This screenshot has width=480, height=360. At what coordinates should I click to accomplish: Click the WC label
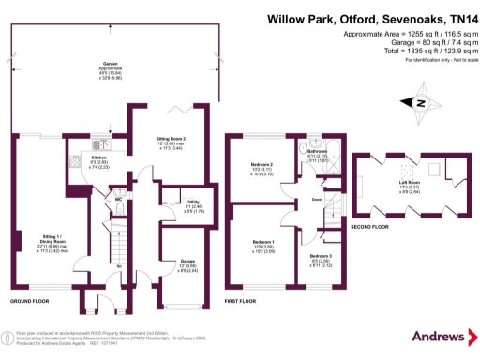119,198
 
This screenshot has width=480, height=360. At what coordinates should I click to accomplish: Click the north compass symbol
420,102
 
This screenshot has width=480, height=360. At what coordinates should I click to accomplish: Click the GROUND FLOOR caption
32,302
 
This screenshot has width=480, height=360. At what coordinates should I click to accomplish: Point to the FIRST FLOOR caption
241,302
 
